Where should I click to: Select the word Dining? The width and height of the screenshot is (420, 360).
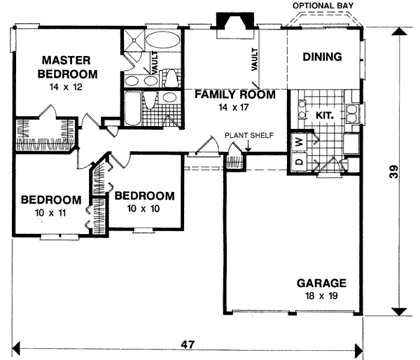322,57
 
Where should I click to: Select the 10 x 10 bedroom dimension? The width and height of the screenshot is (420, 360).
144,208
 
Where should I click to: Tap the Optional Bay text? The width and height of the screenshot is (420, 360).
323,6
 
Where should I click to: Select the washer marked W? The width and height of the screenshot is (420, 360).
297,141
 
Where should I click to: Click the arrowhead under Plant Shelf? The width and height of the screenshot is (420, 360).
248,148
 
